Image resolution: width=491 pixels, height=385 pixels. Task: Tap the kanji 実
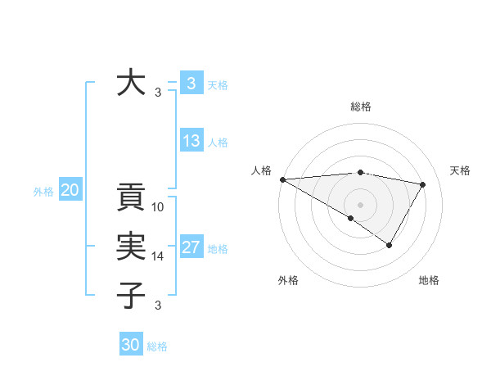pyautogui.click(x=131, y=246)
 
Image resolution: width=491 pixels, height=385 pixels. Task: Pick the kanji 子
pyautogui.click(x=131, y=293)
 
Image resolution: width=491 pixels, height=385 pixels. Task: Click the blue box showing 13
pyautogui.click(x=191, y=141)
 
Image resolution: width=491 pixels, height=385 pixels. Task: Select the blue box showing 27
pyautogui.click(x=191, y=247)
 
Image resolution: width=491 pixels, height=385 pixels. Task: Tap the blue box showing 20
pyautogui.click(x=70, y=191)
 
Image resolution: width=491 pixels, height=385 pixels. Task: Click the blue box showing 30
pyautogui.click(x=131, y=345)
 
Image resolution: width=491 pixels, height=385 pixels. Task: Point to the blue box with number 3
pyautogui.click(x=191, y=83)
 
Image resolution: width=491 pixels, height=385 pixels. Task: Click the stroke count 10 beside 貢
pyautogui.click(x=159, y=207)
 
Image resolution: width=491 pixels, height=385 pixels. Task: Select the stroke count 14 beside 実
pyautogui.click(x=159, y=256)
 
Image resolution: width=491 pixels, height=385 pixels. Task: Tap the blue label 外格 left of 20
pyautogui.click(x=43, y=192)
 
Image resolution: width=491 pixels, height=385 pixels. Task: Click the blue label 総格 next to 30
pyautogui.click(x=157, y=346)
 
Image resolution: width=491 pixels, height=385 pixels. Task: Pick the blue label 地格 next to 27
pyautogui.click(x=218, y=249)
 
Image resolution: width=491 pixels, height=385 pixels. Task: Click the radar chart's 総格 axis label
pyautogui.click(x=361, y=106)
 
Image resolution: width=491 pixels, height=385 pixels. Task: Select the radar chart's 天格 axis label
pyautogui.click(x=461, y=170)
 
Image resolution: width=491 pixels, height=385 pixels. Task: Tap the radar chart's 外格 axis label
pyautogui.click(x=288, y=280)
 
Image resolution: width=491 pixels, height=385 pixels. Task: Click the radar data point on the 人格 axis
pyautogui.click(x=282, y=179)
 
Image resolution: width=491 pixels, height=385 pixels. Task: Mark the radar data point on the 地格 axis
pyautogui.click(x=390, y=245)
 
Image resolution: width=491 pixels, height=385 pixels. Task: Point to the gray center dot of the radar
pyautogui.click(x=360, y=204)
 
